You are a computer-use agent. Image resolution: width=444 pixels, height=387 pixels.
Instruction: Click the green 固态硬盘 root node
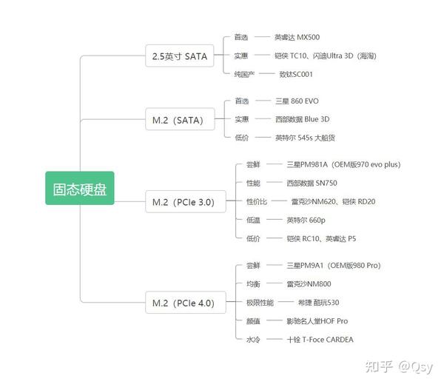80,188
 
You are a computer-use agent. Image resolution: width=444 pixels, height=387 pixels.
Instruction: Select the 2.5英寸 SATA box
180,55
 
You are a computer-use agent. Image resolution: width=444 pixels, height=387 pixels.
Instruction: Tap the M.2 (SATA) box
180,119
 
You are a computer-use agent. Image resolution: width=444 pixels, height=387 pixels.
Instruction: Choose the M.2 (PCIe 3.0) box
186,201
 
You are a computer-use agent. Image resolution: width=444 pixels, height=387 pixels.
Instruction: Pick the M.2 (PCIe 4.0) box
186,303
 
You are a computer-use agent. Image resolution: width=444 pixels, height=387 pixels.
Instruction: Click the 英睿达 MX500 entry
297,37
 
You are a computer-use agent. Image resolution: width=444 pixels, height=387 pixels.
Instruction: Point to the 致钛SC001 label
296,74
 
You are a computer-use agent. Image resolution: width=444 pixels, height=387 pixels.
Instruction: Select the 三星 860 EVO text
297,101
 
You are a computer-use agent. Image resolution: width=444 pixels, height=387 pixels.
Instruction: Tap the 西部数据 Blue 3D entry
303,119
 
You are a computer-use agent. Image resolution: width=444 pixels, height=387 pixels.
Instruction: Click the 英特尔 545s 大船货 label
305,138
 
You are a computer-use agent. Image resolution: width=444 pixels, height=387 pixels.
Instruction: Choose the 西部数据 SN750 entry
312,184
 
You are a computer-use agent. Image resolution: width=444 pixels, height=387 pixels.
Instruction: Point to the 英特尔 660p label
306,221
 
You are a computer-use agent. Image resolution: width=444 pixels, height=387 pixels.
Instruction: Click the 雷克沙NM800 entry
309,284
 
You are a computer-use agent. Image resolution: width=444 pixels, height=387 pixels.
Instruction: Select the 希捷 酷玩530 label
318,303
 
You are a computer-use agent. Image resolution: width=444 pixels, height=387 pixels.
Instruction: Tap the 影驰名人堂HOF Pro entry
317,321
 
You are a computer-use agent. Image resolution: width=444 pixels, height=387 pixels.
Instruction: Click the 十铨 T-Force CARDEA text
320,340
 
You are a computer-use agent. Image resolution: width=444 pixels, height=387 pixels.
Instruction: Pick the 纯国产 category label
244,74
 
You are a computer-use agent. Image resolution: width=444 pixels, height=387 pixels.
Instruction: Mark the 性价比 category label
257,201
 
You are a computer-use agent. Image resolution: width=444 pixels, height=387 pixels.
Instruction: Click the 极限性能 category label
260,303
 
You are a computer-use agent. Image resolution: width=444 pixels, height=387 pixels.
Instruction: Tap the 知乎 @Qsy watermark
400,367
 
